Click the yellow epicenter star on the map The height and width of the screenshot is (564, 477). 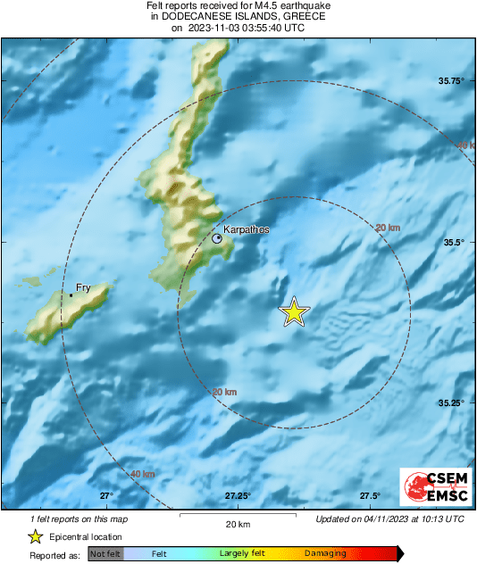pos(294,311)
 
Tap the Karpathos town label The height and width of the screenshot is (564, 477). pos(246,230)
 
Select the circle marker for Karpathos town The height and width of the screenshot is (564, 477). pos(218,238)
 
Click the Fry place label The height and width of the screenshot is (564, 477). pos(83,286)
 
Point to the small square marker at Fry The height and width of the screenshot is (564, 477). pos(71,294)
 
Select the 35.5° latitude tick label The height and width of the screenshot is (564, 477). pos(452,242)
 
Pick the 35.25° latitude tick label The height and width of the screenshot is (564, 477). pos(451,403)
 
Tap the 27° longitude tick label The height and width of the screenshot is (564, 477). pos(106,496)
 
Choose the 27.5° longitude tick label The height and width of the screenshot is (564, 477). pos(370,496)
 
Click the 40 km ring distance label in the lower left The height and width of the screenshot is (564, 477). pos(142,474)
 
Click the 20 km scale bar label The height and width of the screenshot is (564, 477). pos(237,523)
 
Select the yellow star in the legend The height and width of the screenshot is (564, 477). pos(35,536)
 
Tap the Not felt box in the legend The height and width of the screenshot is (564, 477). pos(105,554)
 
